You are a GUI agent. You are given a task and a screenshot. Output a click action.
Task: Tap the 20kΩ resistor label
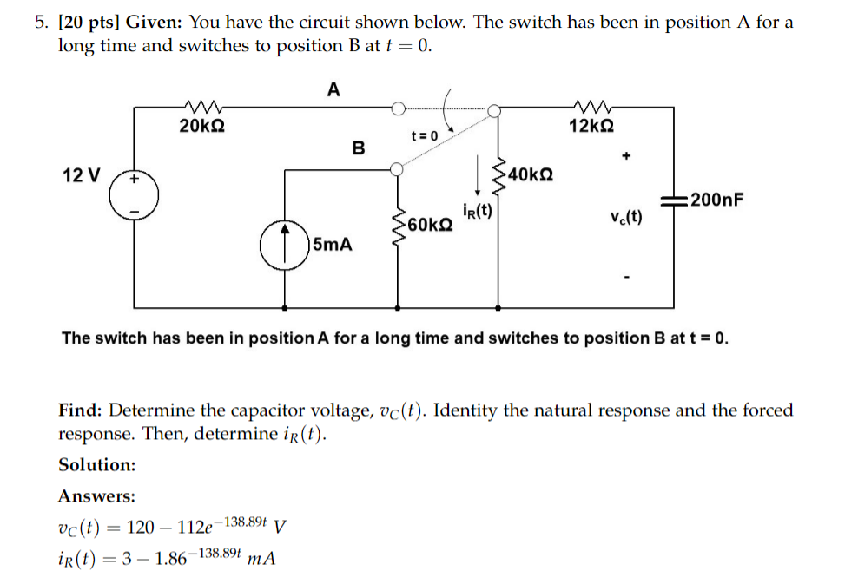[202, 127]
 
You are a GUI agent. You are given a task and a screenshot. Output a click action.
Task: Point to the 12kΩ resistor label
[591, 126]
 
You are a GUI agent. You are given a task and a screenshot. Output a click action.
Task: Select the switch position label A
[334, 89]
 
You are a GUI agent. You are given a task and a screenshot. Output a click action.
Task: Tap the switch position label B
[358, 148]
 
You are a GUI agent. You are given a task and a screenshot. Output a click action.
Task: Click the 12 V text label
[82, 175]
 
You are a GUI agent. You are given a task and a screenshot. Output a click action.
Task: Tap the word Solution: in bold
[96, 465]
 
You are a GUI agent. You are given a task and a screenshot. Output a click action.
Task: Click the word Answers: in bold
[96, 496]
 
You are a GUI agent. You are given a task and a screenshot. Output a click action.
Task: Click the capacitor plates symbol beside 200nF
[674, 200]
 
